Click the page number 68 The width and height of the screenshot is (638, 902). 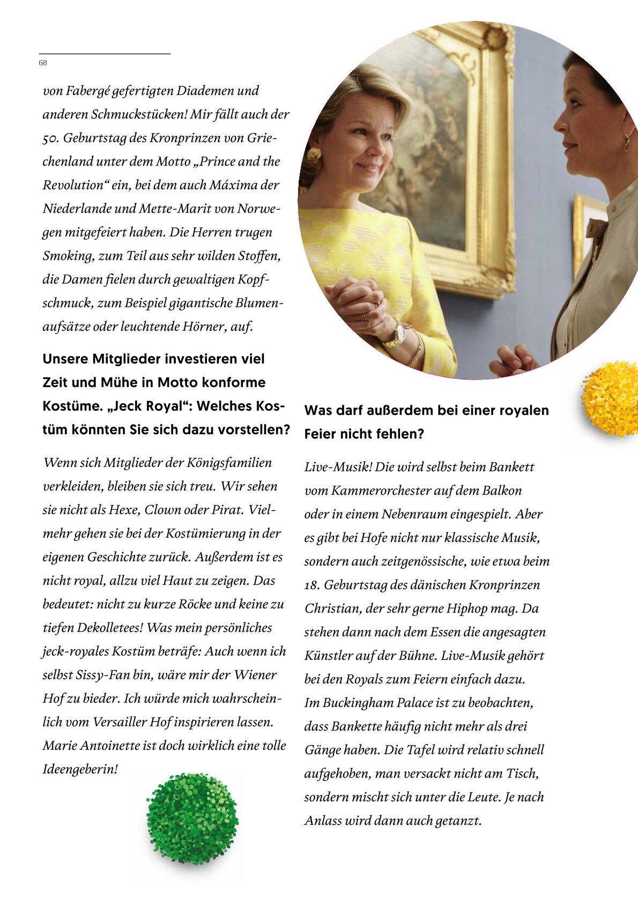[x=43, y=63]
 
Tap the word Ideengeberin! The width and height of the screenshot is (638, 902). [x=80, y=770]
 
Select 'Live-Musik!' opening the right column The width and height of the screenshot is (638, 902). [x=338, y=467]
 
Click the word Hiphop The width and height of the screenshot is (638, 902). [x=468, y=609]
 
